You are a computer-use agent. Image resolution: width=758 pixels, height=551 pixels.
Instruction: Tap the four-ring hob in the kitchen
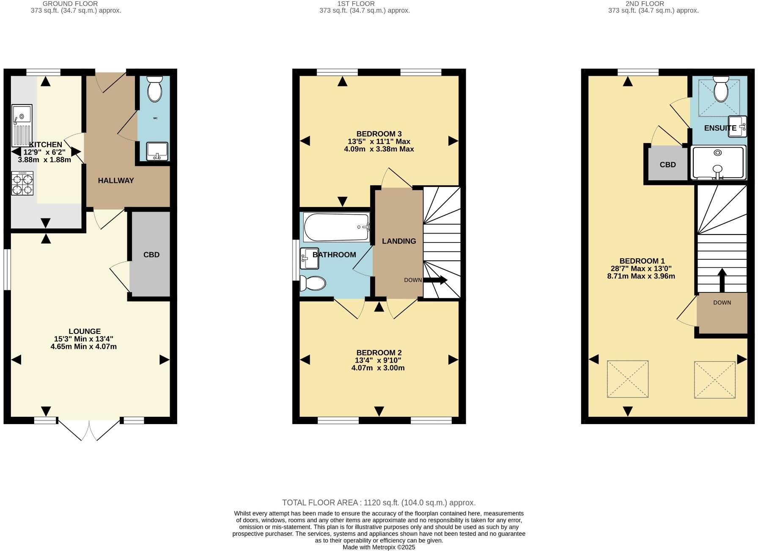point(22,183)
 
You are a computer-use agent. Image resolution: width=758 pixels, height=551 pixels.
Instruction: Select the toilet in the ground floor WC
point(155,89)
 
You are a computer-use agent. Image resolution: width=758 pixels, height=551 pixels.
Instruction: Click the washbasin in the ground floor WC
point(157,152)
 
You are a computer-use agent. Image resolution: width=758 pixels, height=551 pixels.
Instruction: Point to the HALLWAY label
point(116,181)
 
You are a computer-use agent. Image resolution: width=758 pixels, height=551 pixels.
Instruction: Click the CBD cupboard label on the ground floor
point(151,255)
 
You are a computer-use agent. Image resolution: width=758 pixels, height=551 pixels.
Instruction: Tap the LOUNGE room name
point(85,331)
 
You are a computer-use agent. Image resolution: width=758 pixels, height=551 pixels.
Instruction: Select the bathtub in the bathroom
point(337,227)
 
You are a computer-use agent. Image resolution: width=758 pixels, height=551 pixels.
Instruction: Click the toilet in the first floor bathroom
point(313,284)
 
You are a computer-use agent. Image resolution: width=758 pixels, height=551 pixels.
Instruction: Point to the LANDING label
point(399,241)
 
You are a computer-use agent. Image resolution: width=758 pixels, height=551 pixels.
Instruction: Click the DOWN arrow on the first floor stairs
point(435,280)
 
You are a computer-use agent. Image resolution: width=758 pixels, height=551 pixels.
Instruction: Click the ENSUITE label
point(720,128)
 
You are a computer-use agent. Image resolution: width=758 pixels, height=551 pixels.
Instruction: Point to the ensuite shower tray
point(718,163)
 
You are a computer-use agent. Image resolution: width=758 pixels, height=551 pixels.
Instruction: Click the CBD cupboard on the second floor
point(667,165)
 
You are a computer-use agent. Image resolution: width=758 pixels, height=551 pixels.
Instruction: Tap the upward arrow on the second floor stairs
point(722,279)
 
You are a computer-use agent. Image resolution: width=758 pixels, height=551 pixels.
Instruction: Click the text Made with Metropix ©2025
point(379,547)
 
